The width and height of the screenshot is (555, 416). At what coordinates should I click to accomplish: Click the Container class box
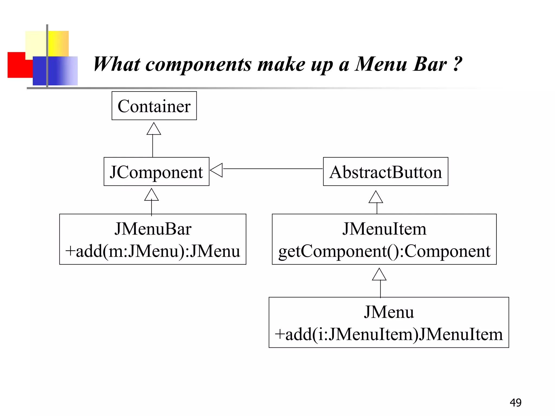pos(154,106)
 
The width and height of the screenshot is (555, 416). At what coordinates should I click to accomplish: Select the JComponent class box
pos(156,172)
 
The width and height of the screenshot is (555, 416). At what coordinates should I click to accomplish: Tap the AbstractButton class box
pos(385,172)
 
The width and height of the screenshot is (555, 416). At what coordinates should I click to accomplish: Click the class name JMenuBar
pos(153,229)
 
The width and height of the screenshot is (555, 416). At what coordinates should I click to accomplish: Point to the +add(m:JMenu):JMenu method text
pos(153,251)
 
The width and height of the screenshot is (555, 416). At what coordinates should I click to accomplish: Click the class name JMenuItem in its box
pos(384,229)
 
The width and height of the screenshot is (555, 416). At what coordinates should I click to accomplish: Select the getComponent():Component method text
pos(384,251)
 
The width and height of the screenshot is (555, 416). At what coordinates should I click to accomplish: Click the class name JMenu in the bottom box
pos(389,312)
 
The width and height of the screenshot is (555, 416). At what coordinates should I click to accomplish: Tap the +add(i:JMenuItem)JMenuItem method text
pos(389,334)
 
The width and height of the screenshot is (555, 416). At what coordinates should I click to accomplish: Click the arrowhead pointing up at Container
pos(154,129)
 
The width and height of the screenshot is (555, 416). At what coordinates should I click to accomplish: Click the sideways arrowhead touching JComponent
pos(217,170)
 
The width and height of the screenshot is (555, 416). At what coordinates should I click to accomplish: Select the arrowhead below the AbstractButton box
pos(376,197)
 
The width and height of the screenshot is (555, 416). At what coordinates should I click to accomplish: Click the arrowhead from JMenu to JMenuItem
pos(379,275)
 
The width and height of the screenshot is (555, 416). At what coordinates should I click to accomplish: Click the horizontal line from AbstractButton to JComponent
pos(272,169)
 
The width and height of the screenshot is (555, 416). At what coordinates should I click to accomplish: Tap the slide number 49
pos(515,402)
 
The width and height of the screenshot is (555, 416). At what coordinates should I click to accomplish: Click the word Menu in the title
pos(381,64)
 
